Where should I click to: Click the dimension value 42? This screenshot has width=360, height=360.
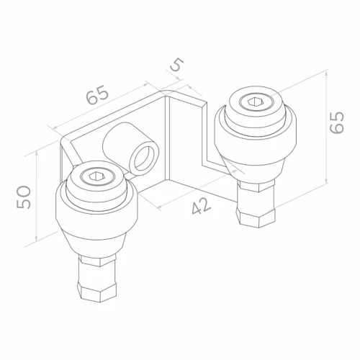[202, 206]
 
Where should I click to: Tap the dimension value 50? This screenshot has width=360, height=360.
[24, 197]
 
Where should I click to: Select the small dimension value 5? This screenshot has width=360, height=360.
[177, 65]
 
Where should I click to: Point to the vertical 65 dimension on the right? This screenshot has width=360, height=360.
[337, 122]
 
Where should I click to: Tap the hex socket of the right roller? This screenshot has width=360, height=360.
[255, 102]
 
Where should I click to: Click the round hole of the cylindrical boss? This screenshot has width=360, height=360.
[143, 159]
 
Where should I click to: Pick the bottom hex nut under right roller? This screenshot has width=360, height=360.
[256, 217]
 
